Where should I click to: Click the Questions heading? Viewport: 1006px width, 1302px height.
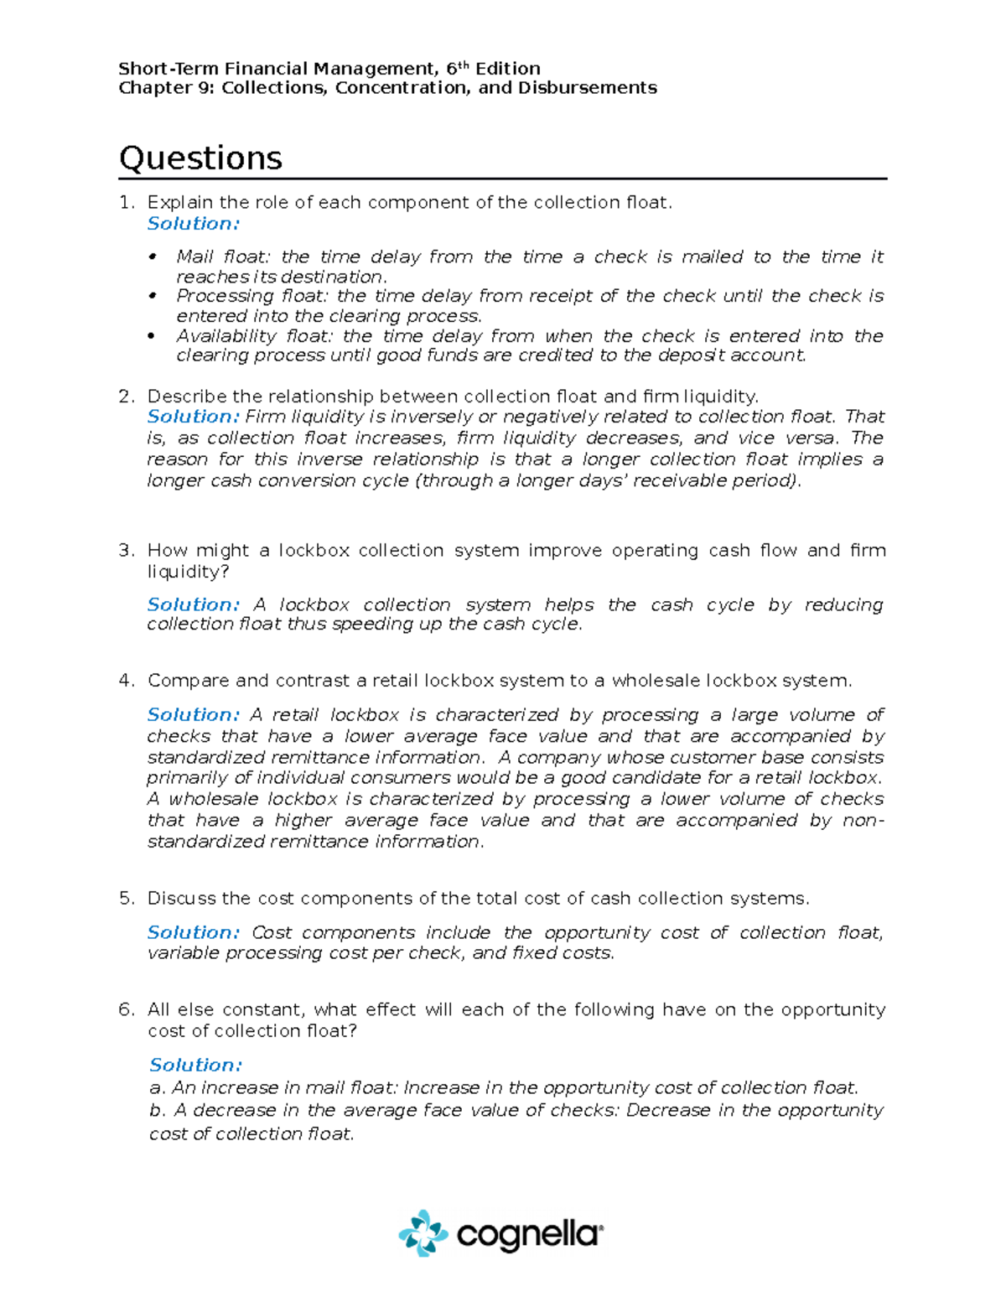click(x=200, y=158)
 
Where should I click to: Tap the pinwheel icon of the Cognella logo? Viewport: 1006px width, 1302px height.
click(x=423, y=1233)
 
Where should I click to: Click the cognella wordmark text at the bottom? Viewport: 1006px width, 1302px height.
click(x=529, y=1234)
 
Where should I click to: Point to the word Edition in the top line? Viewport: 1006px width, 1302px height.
click(x=508, y=69)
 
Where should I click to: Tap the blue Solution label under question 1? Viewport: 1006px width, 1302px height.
click(x=193, y=224)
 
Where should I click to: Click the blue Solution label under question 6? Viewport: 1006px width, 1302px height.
click(x=195, y=1065)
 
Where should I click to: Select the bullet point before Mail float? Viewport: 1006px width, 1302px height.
click(x=152, y=257)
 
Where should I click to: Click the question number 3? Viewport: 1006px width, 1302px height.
click(x=126, y=551)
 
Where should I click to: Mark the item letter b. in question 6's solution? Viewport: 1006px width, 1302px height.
click(x=157, y=1111)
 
